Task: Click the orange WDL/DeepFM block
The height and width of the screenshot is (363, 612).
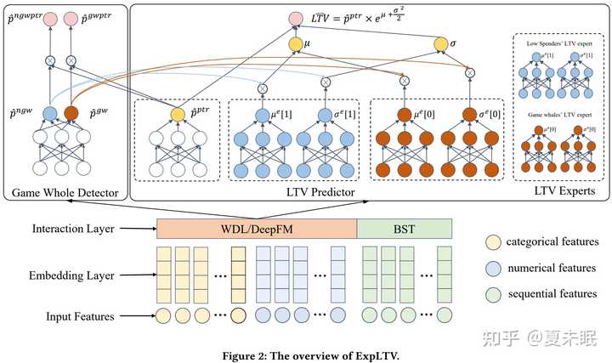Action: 257,229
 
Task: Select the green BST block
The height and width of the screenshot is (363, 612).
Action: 404,229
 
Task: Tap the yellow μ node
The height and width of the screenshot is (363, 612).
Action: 295,43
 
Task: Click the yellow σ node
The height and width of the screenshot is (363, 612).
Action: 441,43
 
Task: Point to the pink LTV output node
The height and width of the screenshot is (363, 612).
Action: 295,18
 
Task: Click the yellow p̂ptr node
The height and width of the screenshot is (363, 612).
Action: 177,113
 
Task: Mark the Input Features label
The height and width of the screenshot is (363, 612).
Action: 81,317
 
